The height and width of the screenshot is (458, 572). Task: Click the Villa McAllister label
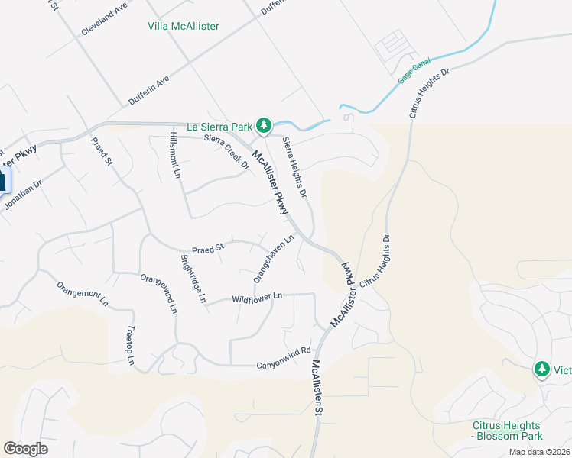pos(183,26)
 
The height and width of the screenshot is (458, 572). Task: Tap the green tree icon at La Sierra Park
pos(264,125)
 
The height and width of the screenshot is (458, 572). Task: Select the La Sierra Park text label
pos(221,126)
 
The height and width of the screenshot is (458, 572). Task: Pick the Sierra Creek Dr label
pos(227,152)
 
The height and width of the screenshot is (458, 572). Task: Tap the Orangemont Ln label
pos(83,294)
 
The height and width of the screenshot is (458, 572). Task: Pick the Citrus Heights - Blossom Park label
pos(506,431)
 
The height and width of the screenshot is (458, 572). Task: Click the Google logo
pos(25,449)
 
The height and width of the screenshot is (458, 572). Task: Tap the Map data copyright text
pos(539,452)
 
